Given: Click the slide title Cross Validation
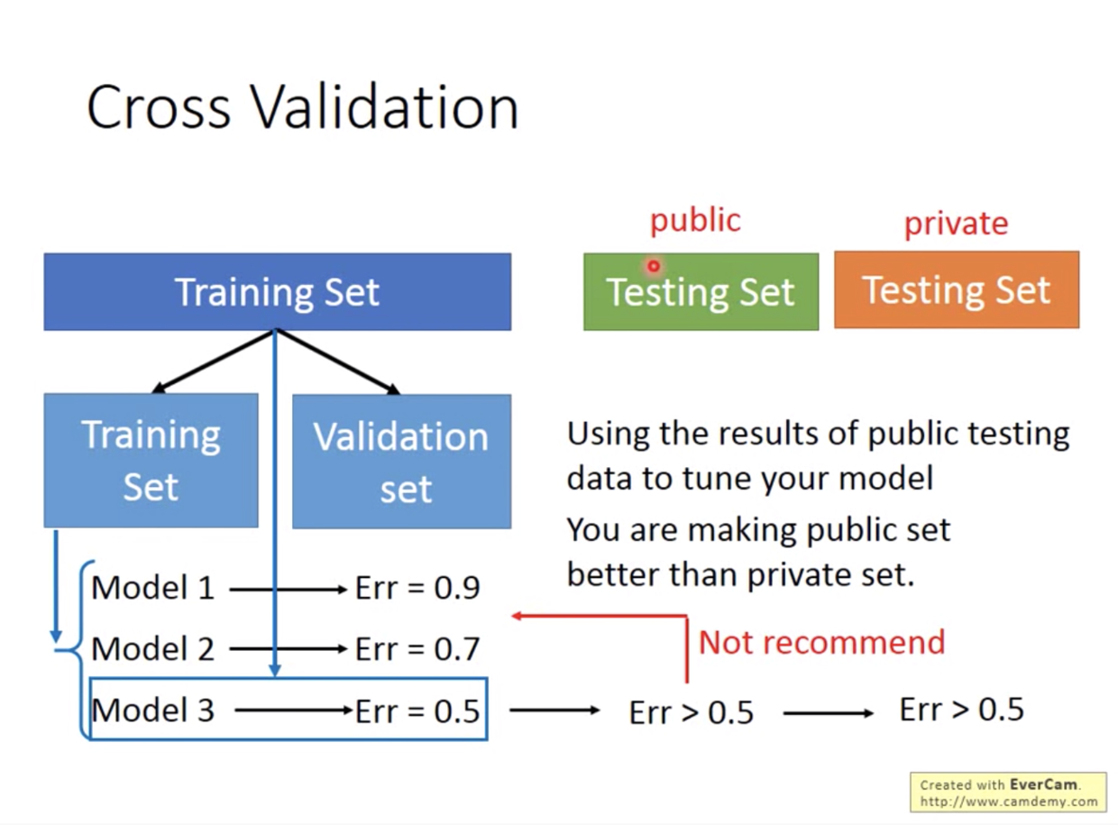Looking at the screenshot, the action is click(x=302, y=107).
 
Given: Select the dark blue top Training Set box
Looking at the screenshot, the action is click(x=277, y=291).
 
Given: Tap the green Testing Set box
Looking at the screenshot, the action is click(x=701, y=291).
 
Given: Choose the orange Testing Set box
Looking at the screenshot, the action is click(x=957, y=289).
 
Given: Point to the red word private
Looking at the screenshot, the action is click(x=956, y=224).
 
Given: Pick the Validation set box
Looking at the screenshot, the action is click(x=401, y=461).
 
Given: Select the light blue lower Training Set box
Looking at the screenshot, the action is click(x=151, y=460).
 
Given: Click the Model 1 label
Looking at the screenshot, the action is click(x=152, y=588).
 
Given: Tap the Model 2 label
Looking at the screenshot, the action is click(x=152, y=648).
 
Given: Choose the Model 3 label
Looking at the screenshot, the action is click(x=152, y=710).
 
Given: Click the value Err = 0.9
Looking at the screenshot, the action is click(x=417, y=588).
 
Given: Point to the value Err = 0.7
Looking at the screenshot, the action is click(x=417, y=648).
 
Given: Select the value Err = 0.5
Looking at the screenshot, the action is click(x=417, y=711).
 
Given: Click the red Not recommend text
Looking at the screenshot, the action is click(x=821, y=643).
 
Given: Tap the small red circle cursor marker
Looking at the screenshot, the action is click(x=654, y=266).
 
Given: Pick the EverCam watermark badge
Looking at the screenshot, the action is click(x=1008, y=793).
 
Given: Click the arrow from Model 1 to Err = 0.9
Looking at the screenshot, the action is click(x=289, y=589).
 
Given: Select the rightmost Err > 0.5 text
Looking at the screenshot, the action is click(x=962, y=710).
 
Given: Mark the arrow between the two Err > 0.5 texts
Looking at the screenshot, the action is click(x=829, y=713).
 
